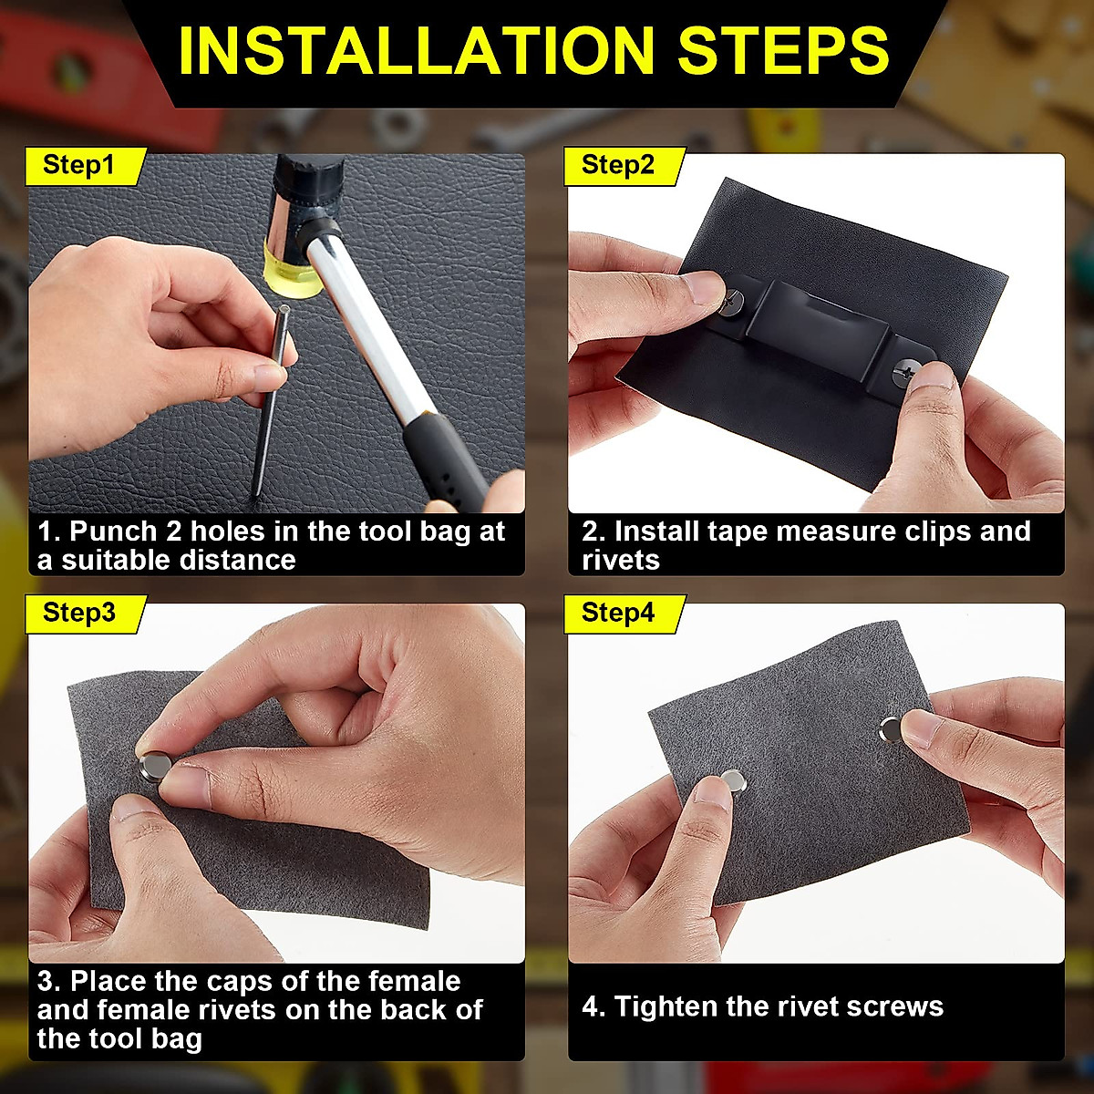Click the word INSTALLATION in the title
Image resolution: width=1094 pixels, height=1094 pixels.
pos(420,51)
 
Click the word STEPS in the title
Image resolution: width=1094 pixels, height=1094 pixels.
pos(783,51)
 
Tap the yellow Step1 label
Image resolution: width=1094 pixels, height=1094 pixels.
pos(79,166)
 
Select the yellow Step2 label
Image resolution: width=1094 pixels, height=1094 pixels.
pos(618,166)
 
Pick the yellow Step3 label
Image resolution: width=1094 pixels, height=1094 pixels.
pos(79,614)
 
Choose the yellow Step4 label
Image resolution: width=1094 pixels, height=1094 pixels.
pos(618,614)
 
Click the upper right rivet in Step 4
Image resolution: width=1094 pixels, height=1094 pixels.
pos(892,728)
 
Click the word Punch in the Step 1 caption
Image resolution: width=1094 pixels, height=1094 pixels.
pos(113,532)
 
